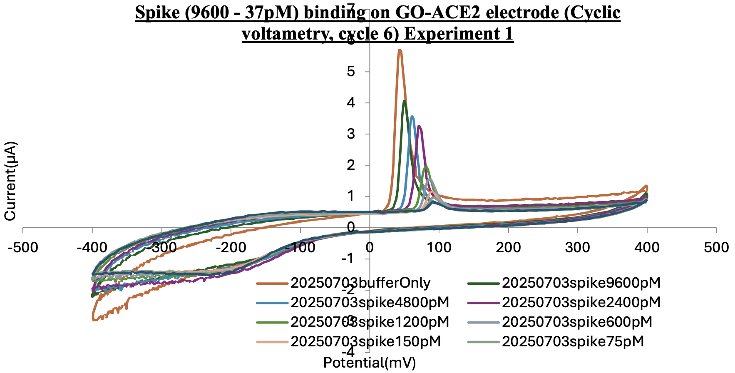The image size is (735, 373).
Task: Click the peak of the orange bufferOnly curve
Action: pyautogui.click(x=400, y=50)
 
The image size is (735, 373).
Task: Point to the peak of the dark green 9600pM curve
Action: pyautogui.click(x=404, y=101)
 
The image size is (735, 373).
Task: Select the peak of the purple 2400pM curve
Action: pyautogui.click(x=419, y=126)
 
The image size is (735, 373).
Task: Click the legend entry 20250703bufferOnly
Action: pyautogui.click(x=360, y=283)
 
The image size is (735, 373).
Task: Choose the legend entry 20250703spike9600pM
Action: pyautogui.click(x=581, y=283)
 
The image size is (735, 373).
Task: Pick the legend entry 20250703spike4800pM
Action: pyautogui.click(x=370, y=302)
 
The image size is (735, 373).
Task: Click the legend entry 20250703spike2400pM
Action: pyautogui.click(x=581, y=302)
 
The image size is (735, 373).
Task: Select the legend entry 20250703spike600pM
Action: pyautogui.click(x=577, y=322)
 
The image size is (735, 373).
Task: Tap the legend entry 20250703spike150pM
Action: pyautogui.click(x=365, y=341)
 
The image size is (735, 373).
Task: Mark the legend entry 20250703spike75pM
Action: pyautogui.click(x=573, y=341)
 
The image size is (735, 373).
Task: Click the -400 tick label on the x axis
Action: pyautogui.click(x=92, y=248)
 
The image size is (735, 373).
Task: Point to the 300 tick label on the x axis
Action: pyautogui.click(x=578, y=248)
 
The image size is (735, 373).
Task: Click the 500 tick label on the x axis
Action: pyautogui.click(x=716, y=248)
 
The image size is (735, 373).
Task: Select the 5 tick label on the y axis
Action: pyautogui.click(x=352, y=72)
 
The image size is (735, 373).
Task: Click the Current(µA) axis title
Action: pyautogui.click(x=10, y=181)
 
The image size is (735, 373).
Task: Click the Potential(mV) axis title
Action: pyautogui.click(x=370, y=363)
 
